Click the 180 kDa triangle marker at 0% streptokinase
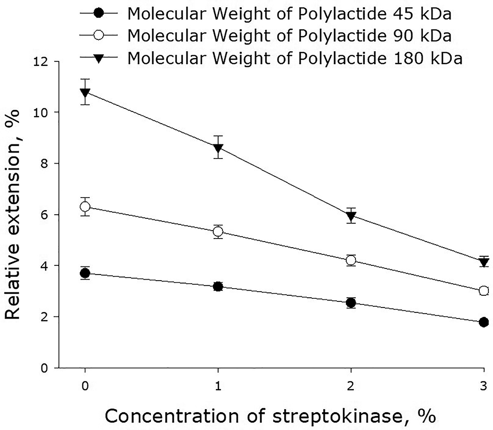(85, 92)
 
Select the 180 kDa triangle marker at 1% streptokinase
(218, 148)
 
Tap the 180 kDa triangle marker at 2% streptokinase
(351, 216)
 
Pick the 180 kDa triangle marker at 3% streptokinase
(484, 261)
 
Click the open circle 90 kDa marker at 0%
(85, 207)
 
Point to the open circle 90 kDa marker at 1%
(218, 231)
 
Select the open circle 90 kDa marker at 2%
(351, 260)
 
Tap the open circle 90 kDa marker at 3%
(484, 290)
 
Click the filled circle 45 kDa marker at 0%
(85, 273)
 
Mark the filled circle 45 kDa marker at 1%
(218, 287)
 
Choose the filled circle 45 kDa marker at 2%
(351, 303)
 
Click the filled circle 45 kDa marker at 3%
(484, 322)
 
